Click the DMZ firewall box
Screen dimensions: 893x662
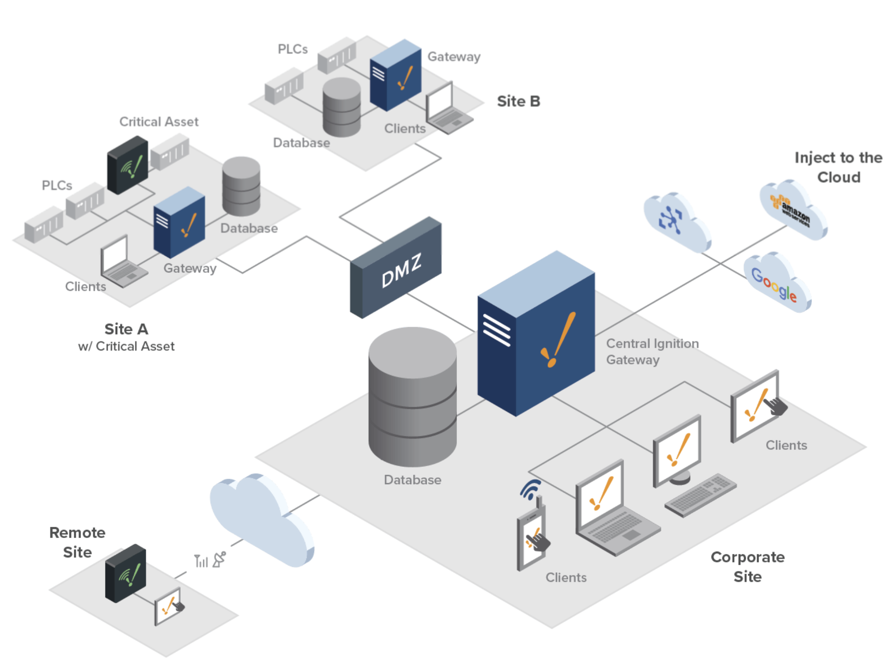(x=395, y=267)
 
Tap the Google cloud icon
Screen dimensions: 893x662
(x=777, y=281)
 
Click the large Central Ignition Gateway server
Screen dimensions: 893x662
(x=536, y=333)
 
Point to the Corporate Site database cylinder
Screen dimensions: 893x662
(x=413, y=397)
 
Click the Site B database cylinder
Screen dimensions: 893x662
(x=341, y=107)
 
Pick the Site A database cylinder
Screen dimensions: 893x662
(x=241, y=186)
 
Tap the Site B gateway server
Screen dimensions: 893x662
(x=395, y=75)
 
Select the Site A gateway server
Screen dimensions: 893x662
(x=179, y=222)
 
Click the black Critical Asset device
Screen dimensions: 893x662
(x=128, y=165)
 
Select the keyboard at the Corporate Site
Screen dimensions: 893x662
(x=701, y=495)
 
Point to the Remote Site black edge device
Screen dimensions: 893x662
(x=125, y=573)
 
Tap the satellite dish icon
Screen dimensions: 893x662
(x=219, y=559)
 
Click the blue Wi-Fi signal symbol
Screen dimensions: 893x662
(x=530, y=489)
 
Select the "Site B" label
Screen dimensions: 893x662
(x=519, y=101)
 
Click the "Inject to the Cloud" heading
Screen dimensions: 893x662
(x=839, y=167)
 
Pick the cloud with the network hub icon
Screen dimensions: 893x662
(x=677, y=222)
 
